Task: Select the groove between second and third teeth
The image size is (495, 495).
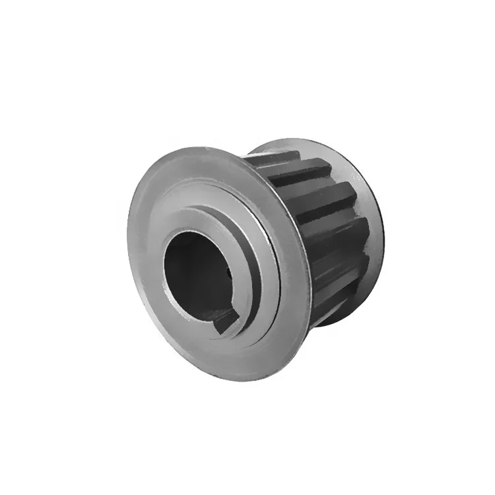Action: click(x=310, y=188)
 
